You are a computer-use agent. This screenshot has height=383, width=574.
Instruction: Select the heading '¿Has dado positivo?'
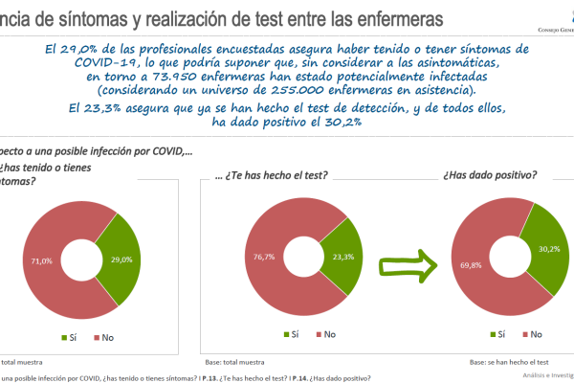(x=490, y=176)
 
